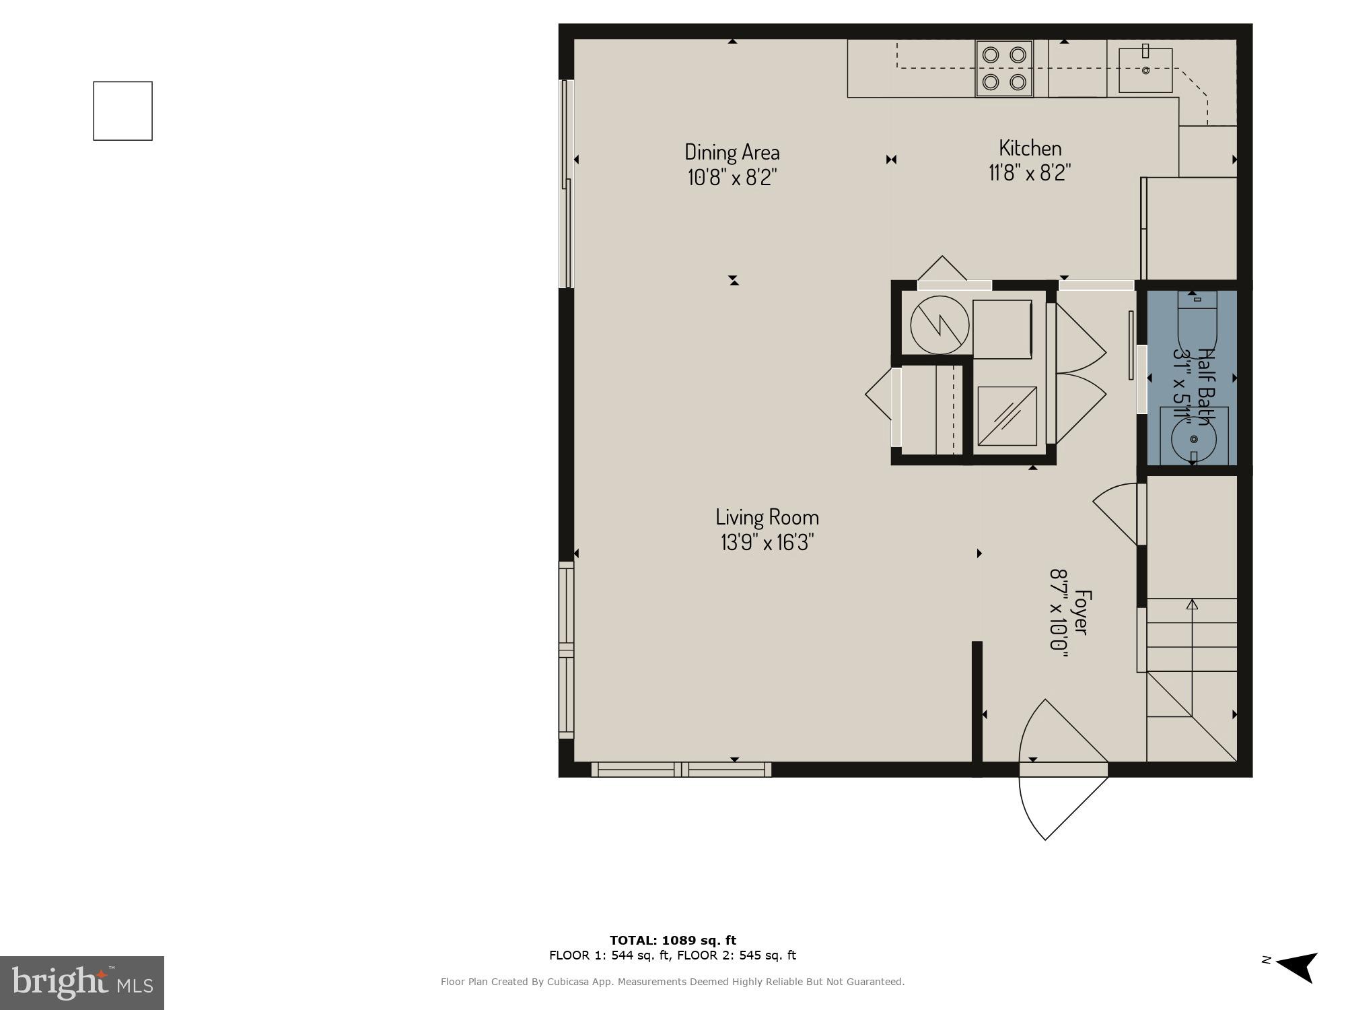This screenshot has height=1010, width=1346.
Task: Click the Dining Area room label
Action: (732, 151)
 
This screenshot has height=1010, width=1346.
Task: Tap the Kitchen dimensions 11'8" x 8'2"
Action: (1030, 173)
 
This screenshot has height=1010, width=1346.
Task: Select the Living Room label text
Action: (767, 517)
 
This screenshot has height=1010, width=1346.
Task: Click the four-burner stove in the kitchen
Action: (1004, 68)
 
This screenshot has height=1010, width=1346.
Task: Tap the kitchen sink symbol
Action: (1145, 69)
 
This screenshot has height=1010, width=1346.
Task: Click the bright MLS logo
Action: (82, 983)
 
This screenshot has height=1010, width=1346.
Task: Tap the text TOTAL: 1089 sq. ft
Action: (672, 941)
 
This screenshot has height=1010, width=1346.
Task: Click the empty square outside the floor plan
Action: (122, 111)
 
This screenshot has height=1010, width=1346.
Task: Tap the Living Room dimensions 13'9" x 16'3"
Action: (767, 542)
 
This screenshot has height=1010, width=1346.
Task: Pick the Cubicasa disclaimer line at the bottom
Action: (672, 982)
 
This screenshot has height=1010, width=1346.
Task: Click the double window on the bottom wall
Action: (681, 769)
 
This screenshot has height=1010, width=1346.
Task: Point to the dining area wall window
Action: (567, 184)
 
